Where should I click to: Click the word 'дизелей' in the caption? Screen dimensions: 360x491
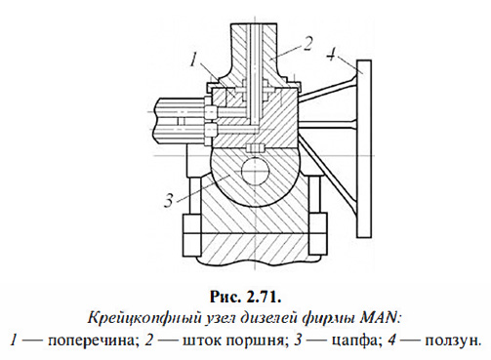point(272,317)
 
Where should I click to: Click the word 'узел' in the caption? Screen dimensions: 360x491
point(222,317)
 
